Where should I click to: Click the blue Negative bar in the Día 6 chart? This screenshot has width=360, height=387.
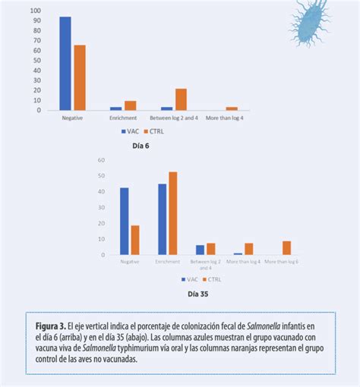click(65, 64)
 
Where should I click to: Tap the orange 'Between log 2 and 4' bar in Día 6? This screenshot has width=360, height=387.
click(181, 99)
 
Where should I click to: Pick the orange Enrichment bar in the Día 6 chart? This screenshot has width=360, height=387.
click(131, 105)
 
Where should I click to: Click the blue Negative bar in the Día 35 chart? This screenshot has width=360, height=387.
click(125, 221)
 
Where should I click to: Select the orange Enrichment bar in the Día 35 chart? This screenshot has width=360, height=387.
click(173, 213)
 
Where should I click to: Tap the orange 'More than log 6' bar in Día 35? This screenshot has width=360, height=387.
click(286, 247)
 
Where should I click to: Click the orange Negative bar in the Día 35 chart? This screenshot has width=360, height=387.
click(135, 240)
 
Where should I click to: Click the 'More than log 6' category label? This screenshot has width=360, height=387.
click(282, 262)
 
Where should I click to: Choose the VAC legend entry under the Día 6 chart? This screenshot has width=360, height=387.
click(131, 131)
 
